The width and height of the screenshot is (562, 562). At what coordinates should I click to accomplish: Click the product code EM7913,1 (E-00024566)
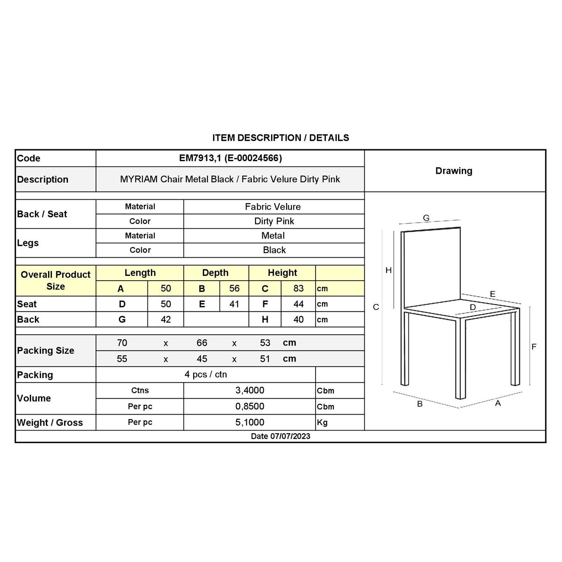[x=230, y=158]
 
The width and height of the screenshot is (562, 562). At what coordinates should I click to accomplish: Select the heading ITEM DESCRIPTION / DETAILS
[x=281, y=138]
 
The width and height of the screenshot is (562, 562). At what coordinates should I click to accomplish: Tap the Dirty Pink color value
[x=274, y=221]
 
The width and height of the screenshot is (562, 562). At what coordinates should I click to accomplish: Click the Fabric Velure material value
[x=273, y=207]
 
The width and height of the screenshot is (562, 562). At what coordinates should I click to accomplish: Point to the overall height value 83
[x=298, y=288]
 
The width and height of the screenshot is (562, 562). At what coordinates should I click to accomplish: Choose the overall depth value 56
[x=234, y=288]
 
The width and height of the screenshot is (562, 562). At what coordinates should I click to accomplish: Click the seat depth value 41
[x=234, y=304]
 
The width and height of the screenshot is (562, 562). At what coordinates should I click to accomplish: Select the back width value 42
[x=166, y=319]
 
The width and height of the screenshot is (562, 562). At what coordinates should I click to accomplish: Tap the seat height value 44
[x=298, y=304]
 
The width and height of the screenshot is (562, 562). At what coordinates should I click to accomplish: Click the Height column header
[x=282, y=273]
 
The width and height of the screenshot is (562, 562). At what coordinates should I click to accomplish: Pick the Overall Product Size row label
[x=55, y=281]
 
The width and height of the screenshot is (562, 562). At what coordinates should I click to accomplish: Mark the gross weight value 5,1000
[x=250, y=422]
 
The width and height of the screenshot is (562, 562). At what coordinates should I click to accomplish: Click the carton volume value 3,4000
[x=250, y=390]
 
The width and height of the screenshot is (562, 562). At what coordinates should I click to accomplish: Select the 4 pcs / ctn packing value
[x=206, y=374]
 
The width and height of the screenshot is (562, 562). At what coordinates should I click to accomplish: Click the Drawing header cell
[x=454, y=171]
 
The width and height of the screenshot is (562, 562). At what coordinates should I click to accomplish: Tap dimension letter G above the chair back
[x=426, y=218]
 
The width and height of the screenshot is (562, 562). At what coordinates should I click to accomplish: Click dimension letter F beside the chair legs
[x=534, y=347]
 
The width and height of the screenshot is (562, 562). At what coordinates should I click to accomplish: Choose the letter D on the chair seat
[x=473, y=307]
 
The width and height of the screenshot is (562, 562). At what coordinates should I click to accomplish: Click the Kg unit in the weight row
[x=323, y=422]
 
